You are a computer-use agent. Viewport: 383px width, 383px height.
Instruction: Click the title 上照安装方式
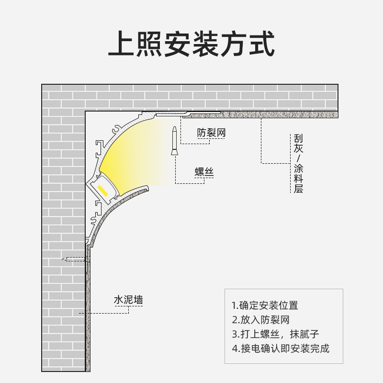[x=191, y=45]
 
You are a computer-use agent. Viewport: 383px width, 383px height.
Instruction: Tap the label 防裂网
[x=211, y=133]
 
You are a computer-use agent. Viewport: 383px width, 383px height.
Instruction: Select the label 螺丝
[x=203, y=171]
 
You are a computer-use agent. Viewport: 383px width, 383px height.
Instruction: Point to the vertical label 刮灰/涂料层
[x=298, y=163]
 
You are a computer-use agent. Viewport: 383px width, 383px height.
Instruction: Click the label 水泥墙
[x=128, y=301]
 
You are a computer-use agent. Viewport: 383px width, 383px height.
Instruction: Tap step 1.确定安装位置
[x=265, y=305]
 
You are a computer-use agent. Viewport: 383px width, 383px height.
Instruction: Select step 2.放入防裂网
[x=261, y=320]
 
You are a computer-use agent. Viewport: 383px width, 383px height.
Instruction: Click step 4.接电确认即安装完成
[x=281, y=348]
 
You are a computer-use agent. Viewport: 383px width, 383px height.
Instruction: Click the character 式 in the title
[x=261, y=45]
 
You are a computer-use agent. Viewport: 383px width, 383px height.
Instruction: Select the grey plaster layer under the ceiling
[x=278, y=115]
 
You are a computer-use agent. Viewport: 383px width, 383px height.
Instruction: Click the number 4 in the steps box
[x=234, y=348]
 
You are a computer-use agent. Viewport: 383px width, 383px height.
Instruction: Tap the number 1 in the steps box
[x=234, y=305]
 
